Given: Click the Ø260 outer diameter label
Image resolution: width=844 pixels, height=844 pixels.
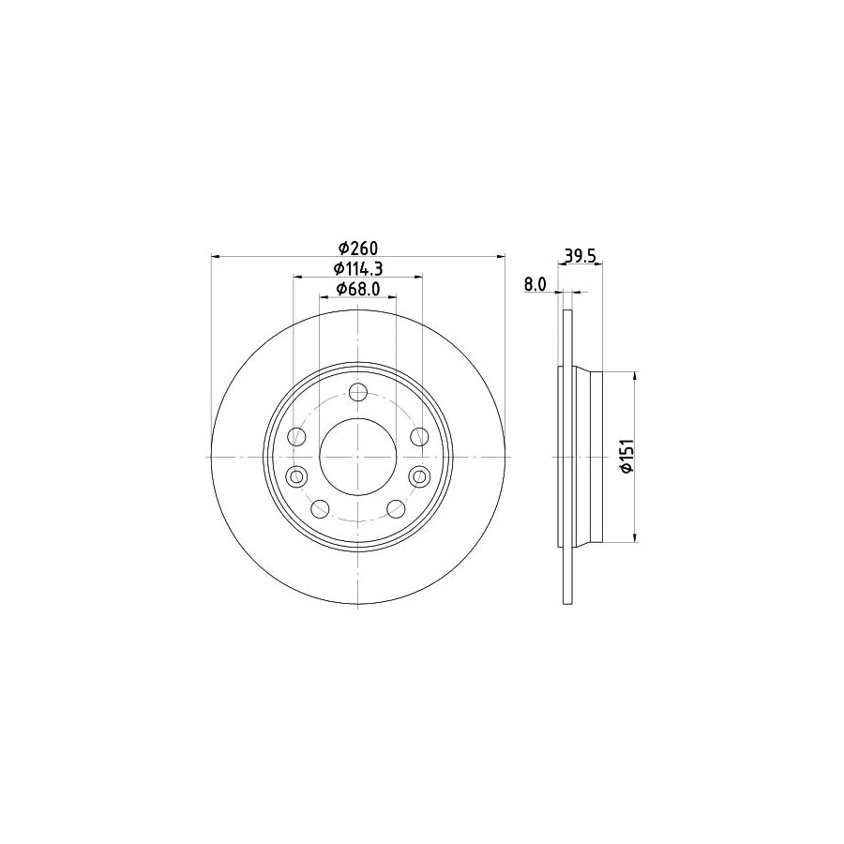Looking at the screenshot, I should point(357,249).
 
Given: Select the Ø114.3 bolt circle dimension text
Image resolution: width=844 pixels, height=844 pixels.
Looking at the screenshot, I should point(357,269).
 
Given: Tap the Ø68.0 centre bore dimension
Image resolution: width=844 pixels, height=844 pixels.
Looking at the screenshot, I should point(357,290).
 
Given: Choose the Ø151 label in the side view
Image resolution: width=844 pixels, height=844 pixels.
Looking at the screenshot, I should point(628,456).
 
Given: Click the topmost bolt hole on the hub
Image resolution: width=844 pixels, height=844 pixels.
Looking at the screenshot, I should point(357,393).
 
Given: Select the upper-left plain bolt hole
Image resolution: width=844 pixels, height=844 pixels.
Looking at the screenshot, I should point(297,437).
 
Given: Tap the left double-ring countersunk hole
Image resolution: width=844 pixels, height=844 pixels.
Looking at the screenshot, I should point(297,476).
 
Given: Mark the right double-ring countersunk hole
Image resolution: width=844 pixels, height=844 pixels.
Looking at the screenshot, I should point(418,476).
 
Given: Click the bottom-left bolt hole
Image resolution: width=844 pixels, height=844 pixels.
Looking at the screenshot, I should point(321,509).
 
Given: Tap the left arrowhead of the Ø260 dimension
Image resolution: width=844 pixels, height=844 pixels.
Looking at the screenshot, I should point(215,256).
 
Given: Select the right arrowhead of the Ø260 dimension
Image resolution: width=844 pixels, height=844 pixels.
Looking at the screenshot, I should point(502,256).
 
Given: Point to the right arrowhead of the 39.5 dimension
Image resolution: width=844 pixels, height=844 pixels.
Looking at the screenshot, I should point(599,265).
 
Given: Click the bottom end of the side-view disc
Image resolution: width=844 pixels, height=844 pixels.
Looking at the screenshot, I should point(566,602).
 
